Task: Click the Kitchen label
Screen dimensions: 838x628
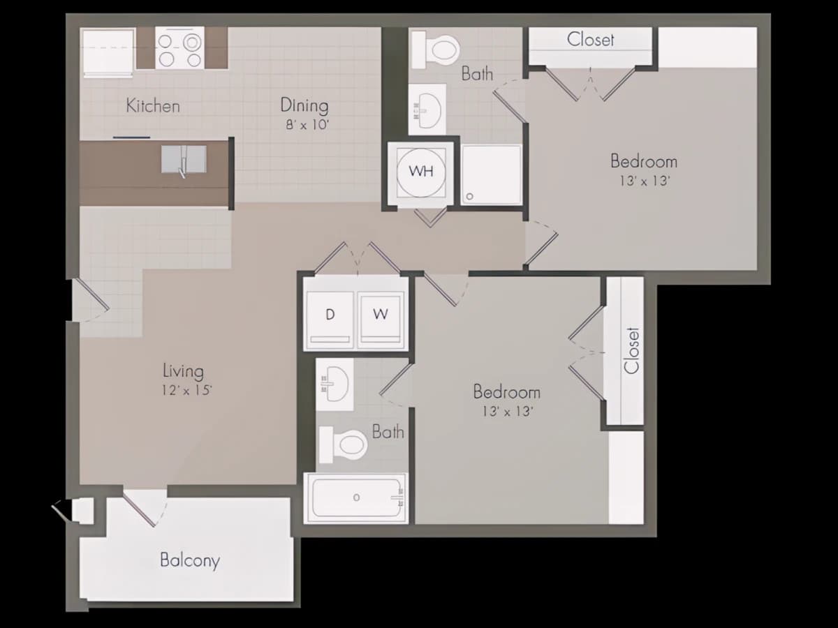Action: [153, 105]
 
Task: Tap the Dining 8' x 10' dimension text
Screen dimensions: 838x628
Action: [307, 125]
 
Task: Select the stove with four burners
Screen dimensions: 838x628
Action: [179, 48]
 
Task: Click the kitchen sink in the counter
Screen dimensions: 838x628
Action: [184, 159]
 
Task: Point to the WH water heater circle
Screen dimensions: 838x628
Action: [420, 172]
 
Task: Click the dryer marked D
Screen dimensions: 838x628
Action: [330, 317]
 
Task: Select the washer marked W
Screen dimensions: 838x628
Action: [381, 317]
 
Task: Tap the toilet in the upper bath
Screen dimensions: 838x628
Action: [436, 50]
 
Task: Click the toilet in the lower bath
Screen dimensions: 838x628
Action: [343, 444]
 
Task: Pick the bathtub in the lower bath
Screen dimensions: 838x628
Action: [356, 498]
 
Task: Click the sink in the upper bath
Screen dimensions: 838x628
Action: [427, 110]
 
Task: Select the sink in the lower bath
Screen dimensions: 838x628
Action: [335, 384]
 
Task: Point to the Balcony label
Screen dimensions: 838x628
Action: [190, 560]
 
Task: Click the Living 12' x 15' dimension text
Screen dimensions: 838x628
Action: [186, 391]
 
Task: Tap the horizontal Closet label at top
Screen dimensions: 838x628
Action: [590, 40]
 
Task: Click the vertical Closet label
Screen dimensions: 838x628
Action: [631, 350]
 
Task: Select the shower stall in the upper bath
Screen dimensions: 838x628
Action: [492, 175]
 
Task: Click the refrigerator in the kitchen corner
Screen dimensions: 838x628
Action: [108, 52]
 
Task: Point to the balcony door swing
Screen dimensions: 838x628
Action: [145, 507]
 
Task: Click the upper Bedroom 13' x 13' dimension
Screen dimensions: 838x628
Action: [645, 181]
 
